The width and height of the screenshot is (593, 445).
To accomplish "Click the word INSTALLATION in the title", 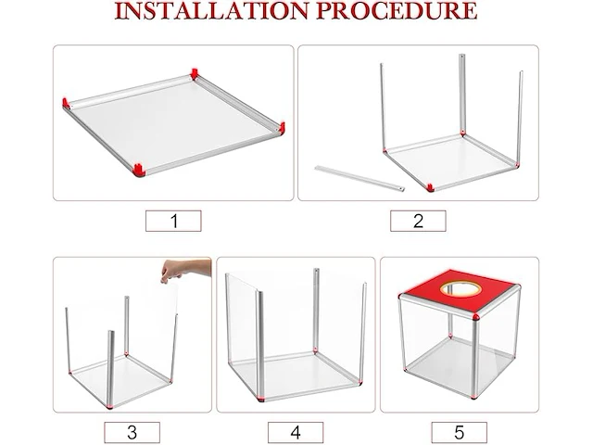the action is coord(211,10).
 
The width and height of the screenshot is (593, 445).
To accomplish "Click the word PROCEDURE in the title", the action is coord(397,10).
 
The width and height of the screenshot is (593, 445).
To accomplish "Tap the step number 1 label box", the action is coord(173,221).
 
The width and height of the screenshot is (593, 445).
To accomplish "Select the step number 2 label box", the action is coord(418,221).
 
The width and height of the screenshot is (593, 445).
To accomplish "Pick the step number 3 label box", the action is coord(132,432).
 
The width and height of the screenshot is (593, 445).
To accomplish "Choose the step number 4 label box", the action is coord(296,432).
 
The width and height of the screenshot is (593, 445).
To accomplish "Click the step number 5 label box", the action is coord(460,432).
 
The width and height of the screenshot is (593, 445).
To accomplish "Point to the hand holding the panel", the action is coord(185,270).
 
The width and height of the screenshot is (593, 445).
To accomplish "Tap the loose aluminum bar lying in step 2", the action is coord(360,178).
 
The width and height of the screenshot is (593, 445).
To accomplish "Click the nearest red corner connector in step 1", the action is coord(139,171).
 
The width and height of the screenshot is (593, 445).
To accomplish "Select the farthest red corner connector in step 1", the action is coord(195,74).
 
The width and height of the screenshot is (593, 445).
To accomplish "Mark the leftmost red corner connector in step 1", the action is coord(66,103).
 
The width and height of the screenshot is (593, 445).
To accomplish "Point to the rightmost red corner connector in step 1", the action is coord(282,127).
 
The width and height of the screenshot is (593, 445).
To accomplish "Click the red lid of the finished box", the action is coord(460,290).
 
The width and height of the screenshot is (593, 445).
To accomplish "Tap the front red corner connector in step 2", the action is coord(430,187).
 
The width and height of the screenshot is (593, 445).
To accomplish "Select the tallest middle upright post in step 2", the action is coord(461,94).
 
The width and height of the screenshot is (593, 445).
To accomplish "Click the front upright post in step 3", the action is coord(110,369).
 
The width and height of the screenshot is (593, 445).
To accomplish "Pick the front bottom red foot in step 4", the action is coord(260,398).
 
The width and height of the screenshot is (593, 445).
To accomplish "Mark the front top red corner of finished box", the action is coord(476,317).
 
